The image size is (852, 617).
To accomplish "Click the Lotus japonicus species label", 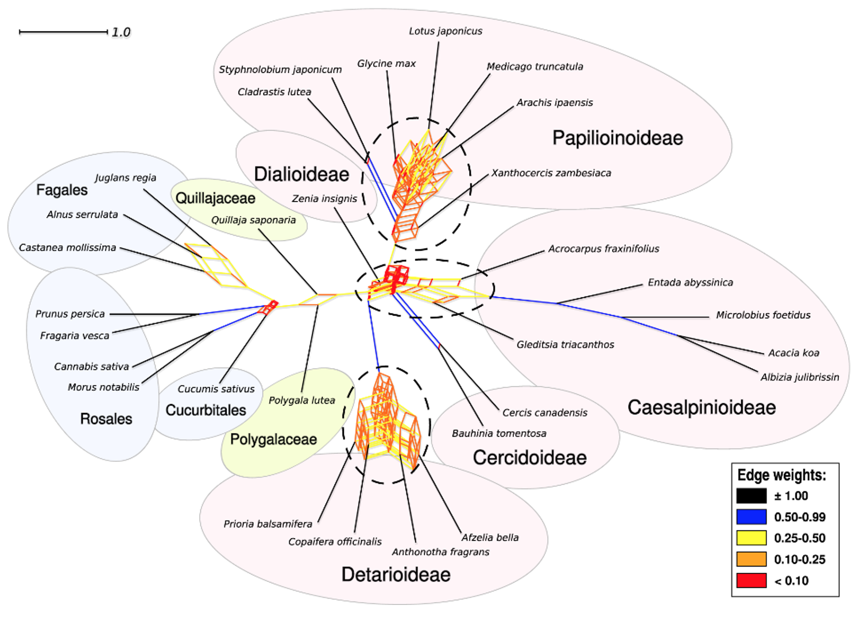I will (446, 31).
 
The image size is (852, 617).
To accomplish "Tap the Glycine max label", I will (386, 63).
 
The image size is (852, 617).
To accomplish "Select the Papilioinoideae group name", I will (618, 138).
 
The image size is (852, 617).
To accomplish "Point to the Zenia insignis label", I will (324, 199).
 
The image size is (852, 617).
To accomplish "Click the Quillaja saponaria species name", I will (253, 220).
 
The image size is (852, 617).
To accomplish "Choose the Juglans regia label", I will (125, 178).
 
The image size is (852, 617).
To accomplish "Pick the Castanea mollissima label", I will (67, 248).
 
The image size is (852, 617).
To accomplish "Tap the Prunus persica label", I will (70, 314).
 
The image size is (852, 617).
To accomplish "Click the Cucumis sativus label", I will (216, 389).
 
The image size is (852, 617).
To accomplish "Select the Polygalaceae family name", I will (273, 439).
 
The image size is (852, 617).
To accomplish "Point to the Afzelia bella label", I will (490, 537).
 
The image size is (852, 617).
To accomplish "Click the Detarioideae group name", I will (396, 574).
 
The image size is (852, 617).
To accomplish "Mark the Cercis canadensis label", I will (545, 412).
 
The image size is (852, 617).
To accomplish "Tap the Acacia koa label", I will (793, 353).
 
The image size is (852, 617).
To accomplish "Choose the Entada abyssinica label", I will (690, 282).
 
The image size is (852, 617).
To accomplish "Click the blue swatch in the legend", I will (752, 517).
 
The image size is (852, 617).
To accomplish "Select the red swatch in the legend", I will (752, 581).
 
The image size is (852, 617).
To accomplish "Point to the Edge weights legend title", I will (781, 475).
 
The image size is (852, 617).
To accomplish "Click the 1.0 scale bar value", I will (121, 32).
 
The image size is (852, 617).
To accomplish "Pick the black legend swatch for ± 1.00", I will (752, 496).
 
